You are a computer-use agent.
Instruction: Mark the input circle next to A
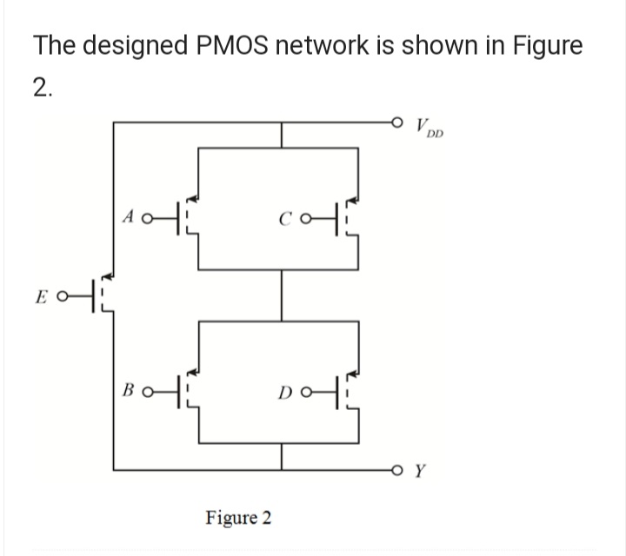(148, 218)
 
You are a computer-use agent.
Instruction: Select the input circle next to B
(149, 388)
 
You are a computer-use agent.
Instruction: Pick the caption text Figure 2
(238, 518)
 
